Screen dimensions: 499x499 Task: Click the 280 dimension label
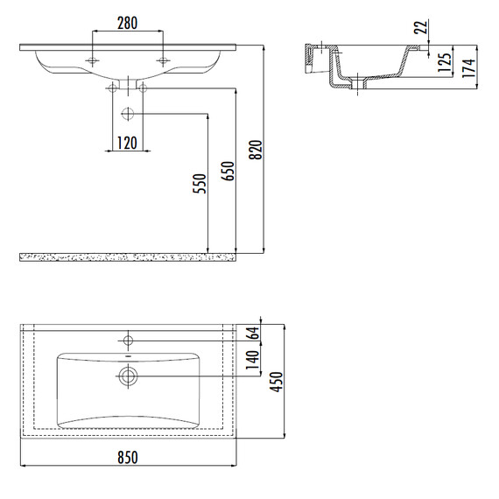127,24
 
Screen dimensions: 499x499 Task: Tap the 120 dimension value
127,143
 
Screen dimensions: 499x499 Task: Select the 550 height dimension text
200,183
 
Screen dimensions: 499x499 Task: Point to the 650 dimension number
228,171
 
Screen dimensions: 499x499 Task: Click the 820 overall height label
256,149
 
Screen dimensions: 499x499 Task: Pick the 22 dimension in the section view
420,27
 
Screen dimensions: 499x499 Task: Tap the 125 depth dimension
444,62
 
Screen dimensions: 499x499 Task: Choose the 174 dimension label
468,67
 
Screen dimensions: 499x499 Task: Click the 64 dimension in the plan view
253,334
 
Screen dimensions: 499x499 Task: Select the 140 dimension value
253,360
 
